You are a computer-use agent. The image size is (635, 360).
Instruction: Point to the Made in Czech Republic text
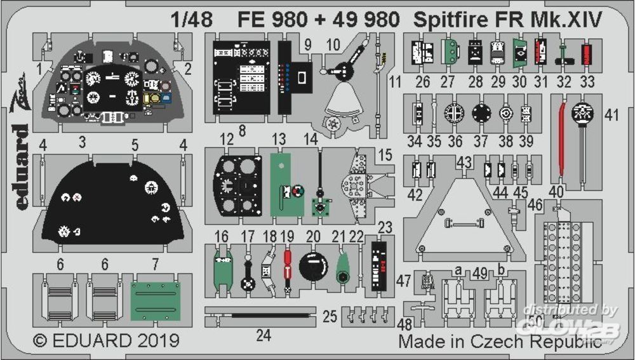click(x=500, y=341)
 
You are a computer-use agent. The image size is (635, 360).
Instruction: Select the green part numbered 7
click(x=161, y=302)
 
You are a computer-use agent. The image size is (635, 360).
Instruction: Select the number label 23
click(x=385, y=227)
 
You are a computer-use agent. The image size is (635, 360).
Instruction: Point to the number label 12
click(x=225, y=138)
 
